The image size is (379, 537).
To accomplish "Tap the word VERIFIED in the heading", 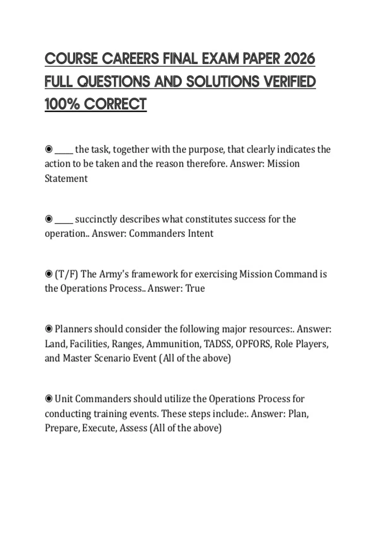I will click(290, 81).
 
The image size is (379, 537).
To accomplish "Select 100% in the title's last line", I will click(62, 104).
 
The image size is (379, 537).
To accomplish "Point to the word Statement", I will click(66, 178).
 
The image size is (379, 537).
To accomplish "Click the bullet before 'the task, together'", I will click(49, 149).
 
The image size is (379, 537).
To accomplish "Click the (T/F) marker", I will click(66, 274).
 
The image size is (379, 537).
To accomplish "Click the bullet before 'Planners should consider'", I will click(49, 329).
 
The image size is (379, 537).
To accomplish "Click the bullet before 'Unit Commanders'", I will click(49, 399).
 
